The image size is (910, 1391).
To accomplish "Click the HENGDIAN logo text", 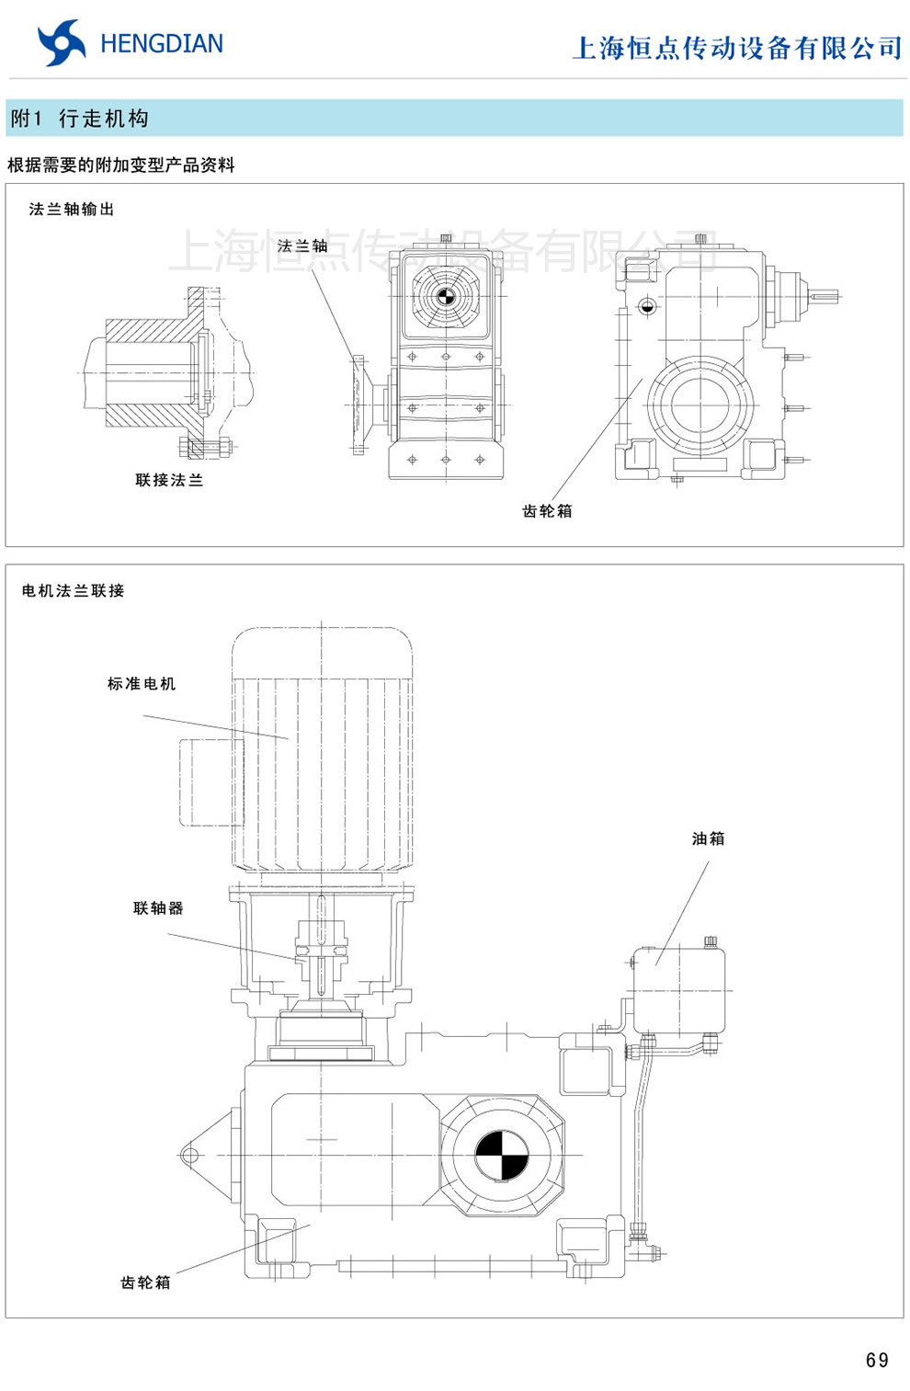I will pyautogui.click(x=161, y=43).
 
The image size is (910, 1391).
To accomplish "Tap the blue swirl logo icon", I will pyautogui.click(x=62, y=43).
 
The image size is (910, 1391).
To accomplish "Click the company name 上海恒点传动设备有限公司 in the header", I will pyautogui.click(x=737, y=48).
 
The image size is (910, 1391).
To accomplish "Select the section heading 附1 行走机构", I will pyautogui.click(x=80, y=119).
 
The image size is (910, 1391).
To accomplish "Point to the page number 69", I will pyautogui.click(x=877, y=1360).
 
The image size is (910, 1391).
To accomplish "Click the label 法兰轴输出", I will pyautogui.click(x=72, y=210).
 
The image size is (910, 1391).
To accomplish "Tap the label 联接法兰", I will pyautogui.click(x=169, y=480).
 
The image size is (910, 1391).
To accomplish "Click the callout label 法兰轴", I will pyautogui.click(x=302, y=246).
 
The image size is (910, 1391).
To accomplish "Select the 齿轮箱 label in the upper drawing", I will pyautogui.click(x=547, y=511).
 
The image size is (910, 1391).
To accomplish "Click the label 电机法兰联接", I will pyautogui.click(x=74, y=591).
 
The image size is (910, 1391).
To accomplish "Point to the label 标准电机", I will pyautogui.click(x=141, y=684).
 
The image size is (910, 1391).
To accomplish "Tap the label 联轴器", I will pyautogui.click(x=158, y=908).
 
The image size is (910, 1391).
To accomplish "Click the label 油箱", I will pyautogui.click(x=708, y=838).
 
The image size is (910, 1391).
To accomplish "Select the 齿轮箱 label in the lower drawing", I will pyautogui.click(x=145, y=1283).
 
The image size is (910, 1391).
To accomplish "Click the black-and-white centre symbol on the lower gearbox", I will pyautogui.click(x=502, y=1155).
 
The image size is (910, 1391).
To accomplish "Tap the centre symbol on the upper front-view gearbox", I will pyautogui.click(x=446, y=296).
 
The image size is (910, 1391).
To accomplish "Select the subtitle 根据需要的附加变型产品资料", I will pyautogui.click(x=121, y=165).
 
